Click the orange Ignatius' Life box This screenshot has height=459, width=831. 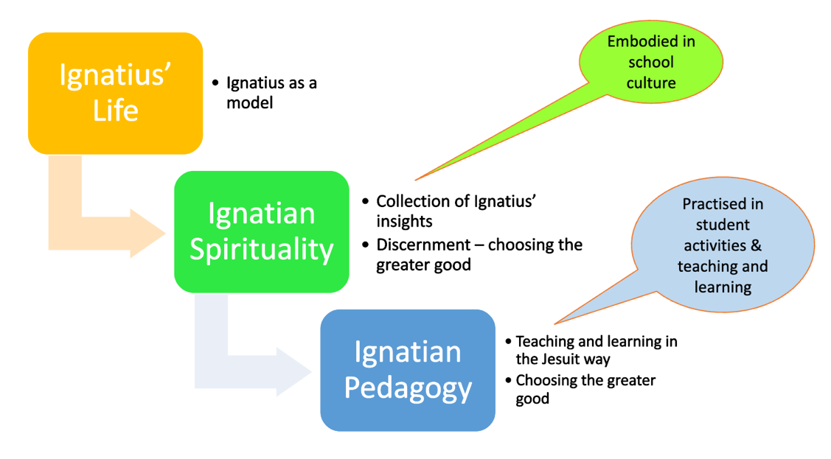pyautogui.click(x=115, y=94)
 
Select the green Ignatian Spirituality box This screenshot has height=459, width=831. pyautogui.click(x=261, y=231)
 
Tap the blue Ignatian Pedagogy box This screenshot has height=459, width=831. pyautogui.click(x=407, y=370)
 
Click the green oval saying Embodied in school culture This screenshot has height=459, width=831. pyautogui.click(x=650, y=62)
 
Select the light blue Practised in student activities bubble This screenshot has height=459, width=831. pyautogui.click(x=723, y=245)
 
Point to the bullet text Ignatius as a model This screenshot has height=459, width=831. pyautogui.click(x=271, y=93)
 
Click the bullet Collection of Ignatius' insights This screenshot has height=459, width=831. pyautogui.click(x=455, y=211)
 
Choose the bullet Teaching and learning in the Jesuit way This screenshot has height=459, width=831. pyautogui.click(x=596, y=350)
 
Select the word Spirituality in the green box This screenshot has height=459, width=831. pyautogui.click(x=261, y=250)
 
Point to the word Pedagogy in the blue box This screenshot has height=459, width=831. pyautogui.click(x=407, y=388)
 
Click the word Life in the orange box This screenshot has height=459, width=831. pyautogui.click(x=115, y=111)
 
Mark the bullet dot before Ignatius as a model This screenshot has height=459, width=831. pyautogui.click(x=215, y=83)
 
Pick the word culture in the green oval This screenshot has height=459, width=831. pyautogui.click(x=650, y=83)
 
